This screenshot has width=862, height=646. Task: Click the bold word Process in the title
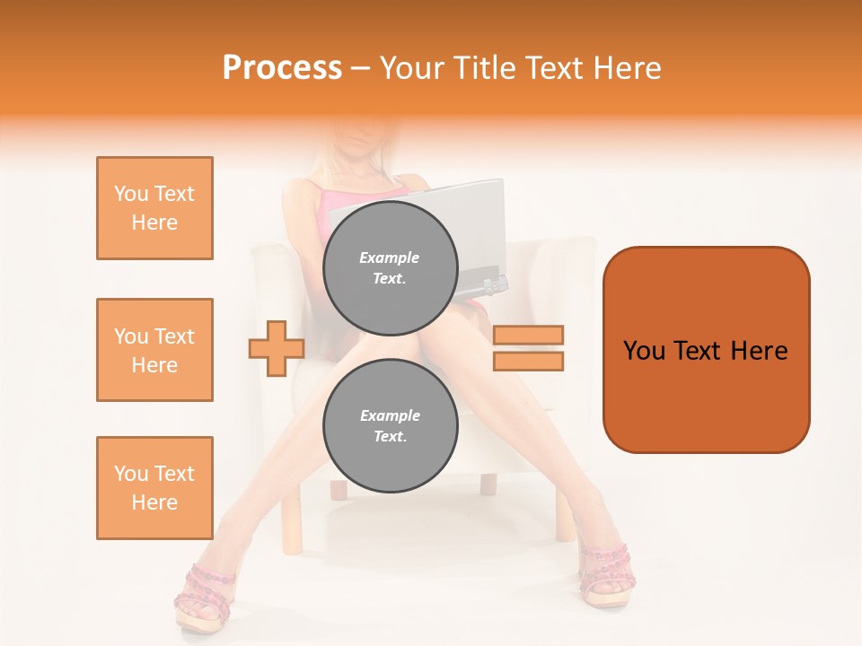[282, 68]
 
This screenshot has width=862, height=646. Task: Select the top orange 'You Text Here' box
[154, 208]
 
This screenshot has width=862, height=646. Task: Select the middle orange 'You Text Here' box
[154, 350]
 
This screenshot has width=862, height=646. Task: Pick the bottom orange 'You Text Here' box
[154, 488]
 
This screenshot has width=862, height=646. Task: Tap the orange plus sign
[277, 348]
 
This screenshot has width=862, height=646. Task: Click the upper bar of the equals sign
[528, 336]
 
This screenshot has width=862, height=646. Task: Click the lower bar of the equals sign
[528, 361]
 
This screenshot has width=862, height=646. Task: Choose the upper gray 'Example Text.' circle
[390, 267]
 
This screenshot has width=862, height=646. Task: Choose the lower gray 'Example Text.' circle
[390, 426]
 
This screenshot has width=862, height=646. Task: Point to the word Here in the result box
[759, 351]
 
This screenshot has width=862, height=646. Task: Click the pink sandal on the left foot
[205, 597]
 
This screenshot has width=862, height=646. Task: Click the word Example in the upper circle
[390, 258]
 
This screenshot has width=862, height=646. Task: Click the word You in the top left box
[130, 194]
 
